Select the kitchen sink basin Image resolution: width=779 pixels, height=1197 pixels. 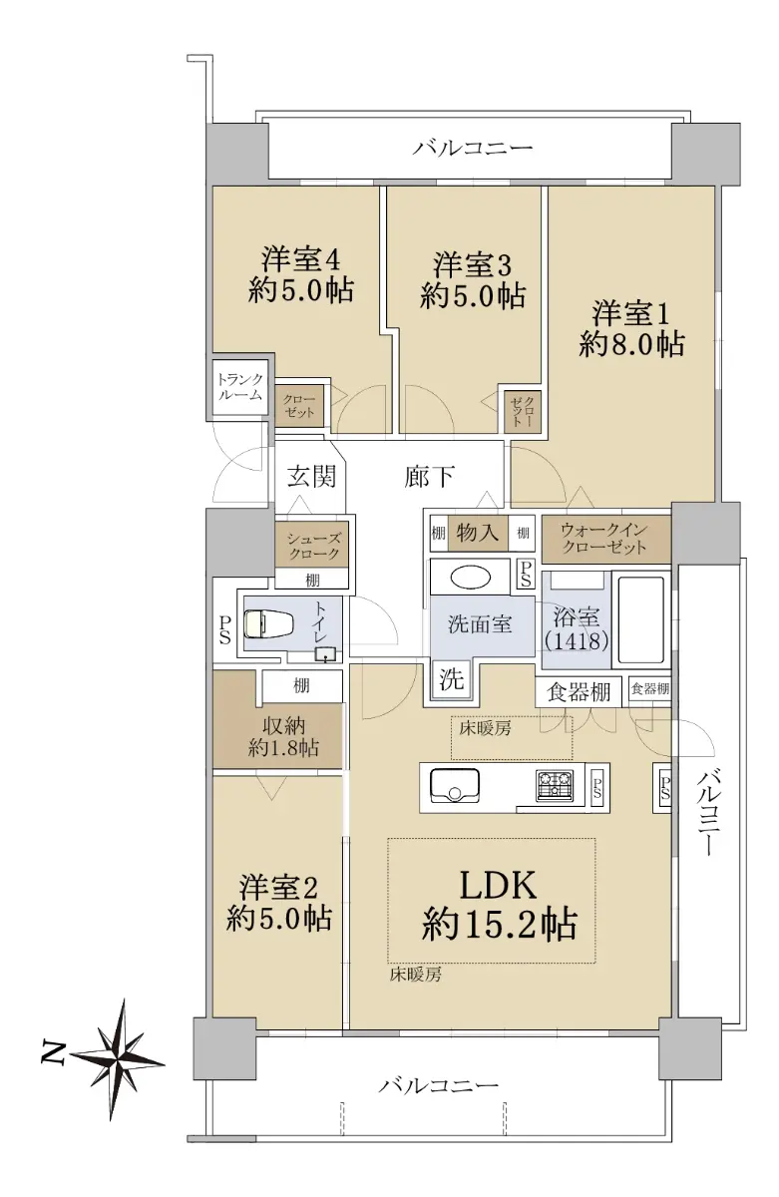[x=454, y=785]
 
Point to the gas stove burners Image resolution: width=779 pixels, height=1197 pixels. [x=554, y=785]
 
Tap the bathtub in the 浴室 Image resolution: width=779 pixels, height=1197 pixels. [x=640, y=619]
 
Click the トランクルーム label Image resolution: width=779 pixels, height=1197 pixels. [x=240, y=387]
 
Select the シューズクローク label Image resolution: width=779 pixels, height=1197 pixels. [x=313, y=546]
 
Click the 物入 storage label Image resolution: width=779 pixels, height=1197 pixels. [x=477, y=533]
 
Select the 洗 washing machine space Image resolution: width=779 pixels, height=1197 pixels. [x=452, y=679]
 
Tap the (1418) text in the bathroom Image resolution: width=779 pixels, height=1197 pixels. [x=577, y=640]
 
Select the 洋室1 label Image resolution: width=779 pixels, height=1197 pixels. [x=630, y=313]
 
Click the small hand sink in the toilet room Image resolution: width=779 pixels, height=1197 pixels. [x=325, y=654]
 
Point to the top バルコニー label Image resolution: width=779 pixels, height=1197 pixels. [x=473, y=147]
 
